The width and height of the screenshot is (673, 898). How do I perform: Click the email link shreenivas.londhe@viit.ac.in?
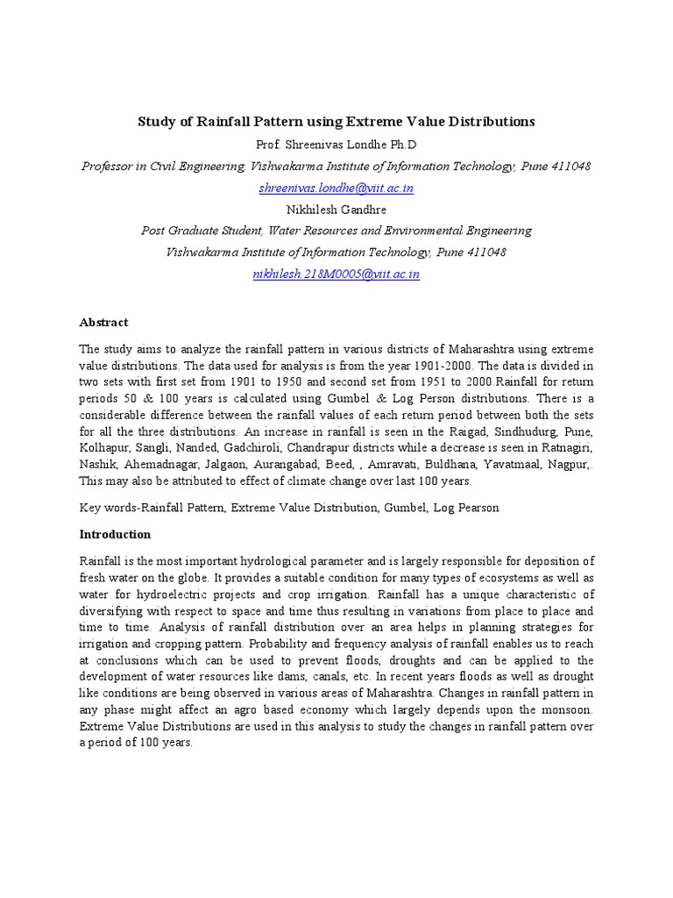pyautogui.click(x=336, y=188)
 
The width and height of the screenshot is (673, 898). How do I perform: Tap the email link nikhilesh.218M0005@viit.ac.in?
pyautogui.click(x=336, y=274)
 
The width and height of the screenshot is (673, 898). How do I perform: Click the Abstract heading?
pyautogui.click(x=103, y=323)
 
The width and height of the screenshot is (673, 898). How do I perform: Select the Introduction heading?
pyautogui.click(x=115, y=534)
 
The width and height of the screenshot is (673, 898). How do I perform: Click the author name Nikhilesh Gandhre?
pyautogui.click(x=336, y=210)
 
